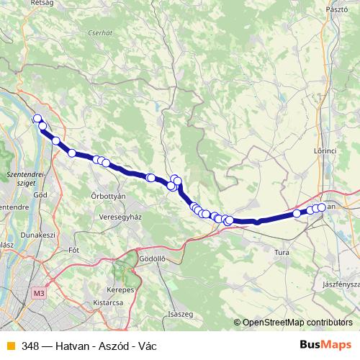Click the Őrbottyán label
tap(109, 196)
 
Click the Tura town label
tap(282, 252)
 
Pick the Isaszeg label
tap(180, 314)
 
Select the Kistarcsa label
tap(106, 303)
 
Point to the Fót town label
tap(72, 251)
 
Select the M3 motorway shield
tap(38, 293)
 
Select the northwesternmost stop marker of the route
tap(37, 119)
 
